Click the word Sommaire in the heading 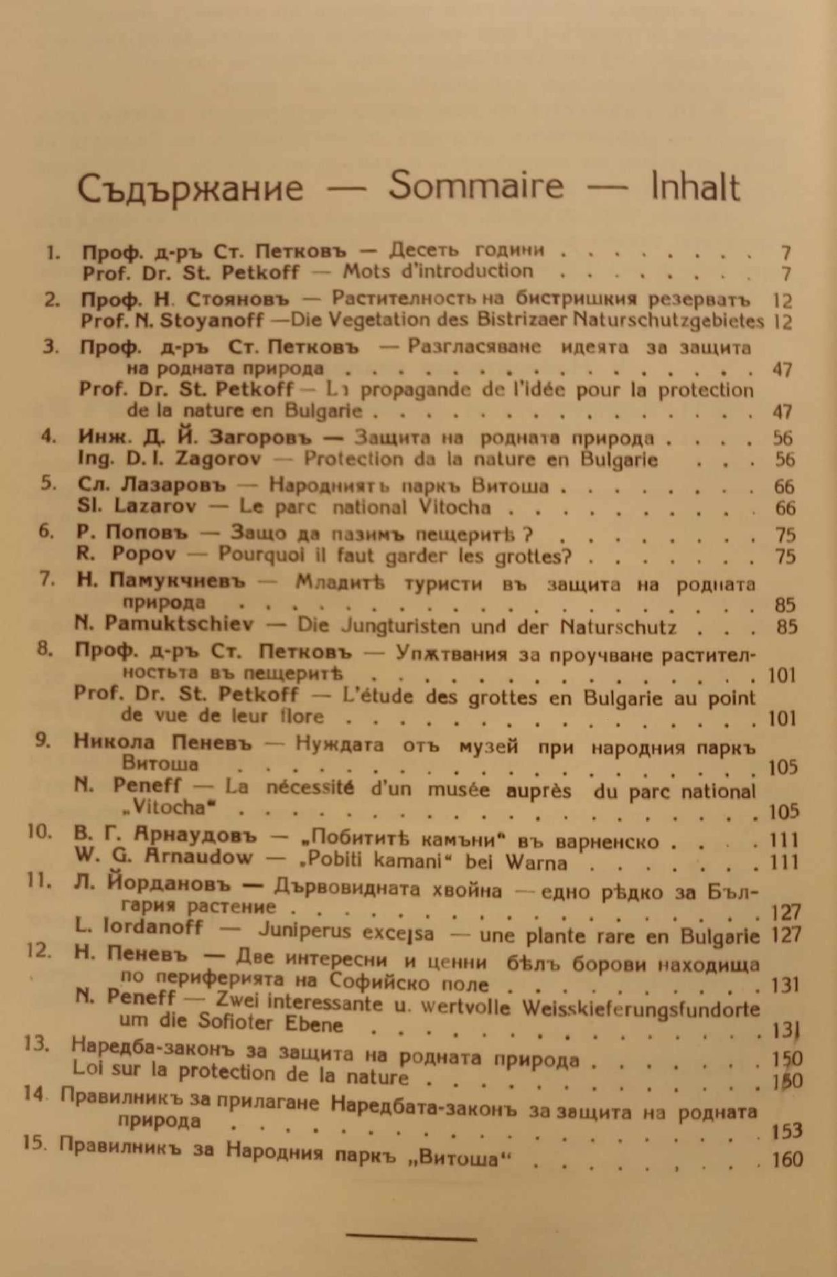pos(476,186)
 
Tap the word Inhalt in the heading pos(695,186)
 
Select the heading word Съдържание pos(190,188)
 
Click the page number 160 pos(787,1159)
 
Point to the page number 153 pos(786,1131)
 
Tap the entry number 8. pos(45,653)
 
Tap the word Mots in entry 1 pos(366,271)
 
